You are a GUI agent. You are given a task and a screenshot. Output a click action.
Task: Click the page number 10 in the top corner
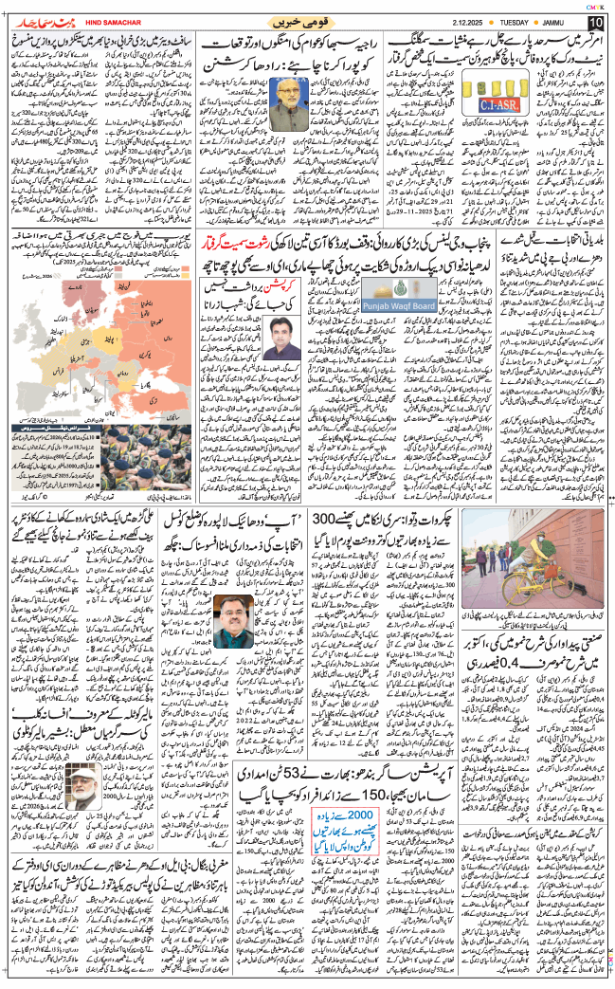pyautogui.click(x=594, y=22)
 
